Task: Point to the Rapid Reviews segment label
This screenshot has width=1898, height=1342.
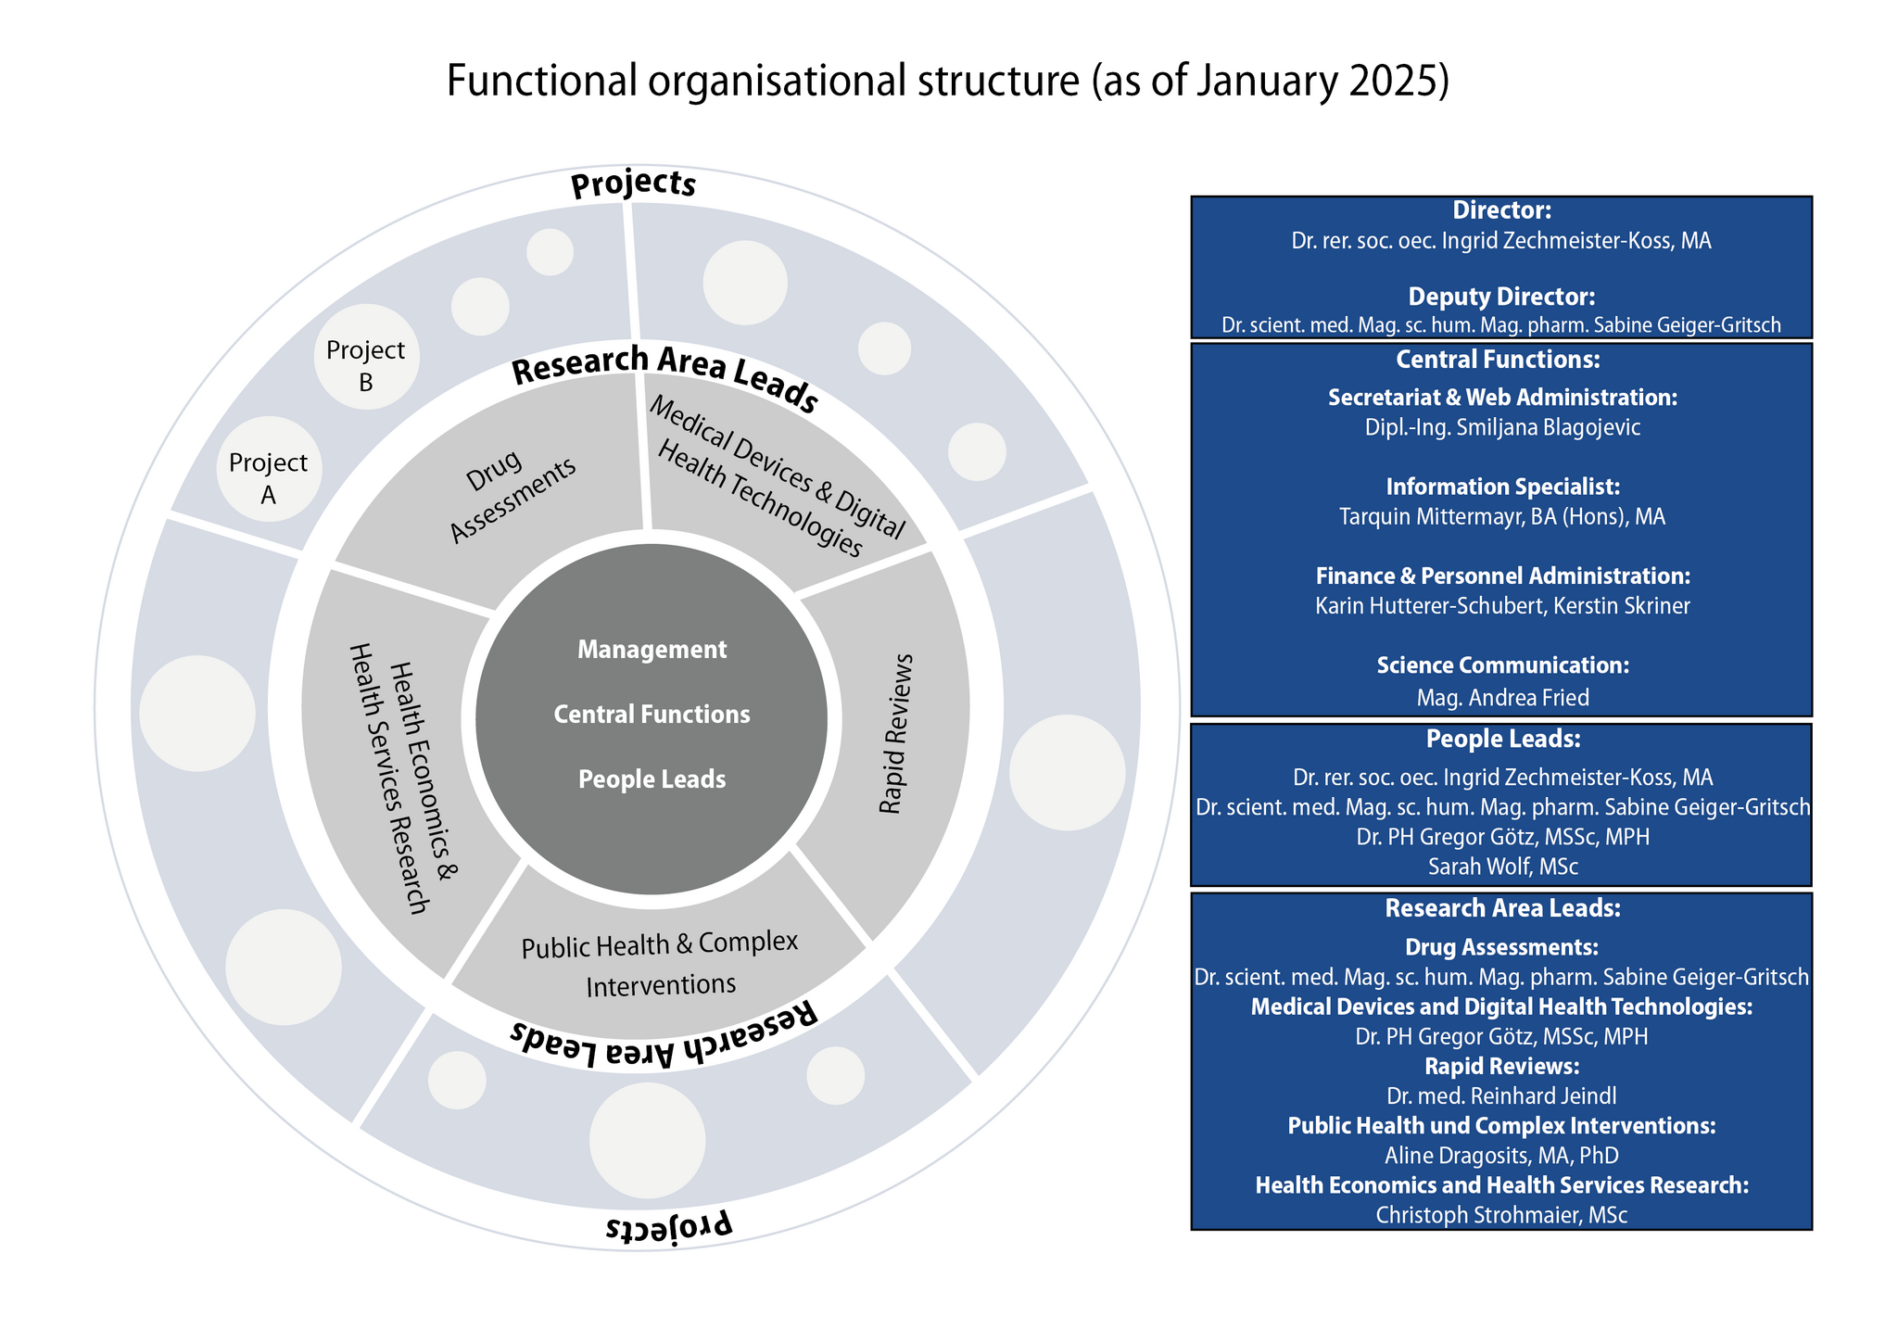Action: click(x=896, y=734)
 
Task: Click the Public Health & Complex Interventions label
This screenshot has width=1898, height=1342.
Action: click(x=660, y=964)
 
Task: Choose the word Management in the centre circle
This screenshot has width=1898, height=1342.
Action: click(x=652, y=650)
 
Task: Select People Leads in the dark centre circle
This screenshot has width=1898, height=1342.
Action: click(x=652, y=779)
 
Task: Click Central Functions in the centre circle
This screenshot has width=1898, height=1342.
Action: click(x=652, y=715)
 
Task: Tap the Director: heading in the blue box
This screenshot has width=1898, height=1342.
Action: click(x=1501, y=210)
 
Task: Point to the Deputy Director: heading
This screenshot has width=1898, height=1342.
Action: click(x=1501, y=297)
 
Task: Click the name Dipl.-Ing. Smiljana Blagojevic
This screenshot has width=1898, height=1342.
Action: click(x=1501, y=427)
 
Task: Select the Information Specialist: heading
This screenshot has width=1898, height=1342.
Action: click(x=1502, y=487)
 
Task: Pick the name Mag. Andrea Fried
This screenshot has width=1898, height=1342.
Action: click(x=1502, y=698)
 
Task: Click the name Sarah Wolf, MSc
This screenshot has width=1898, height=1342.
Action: click(x=1502, y=867)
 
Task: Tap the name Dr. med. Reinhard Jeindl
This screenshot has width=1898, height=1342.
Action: click(x=1501, y=1095)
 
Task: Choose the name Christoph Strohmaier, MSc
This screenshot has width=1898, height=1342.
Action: click(x=1501, y=1214)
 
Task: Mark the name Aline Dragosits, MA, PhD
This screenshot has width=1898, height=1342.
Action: click(x=1501, y=1155)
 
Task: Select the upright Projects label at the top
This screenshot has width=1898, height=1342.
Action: click(x=633, y=184)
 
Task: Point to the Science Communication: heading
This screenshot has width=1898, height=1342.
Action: click(x=1502, y=665)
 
